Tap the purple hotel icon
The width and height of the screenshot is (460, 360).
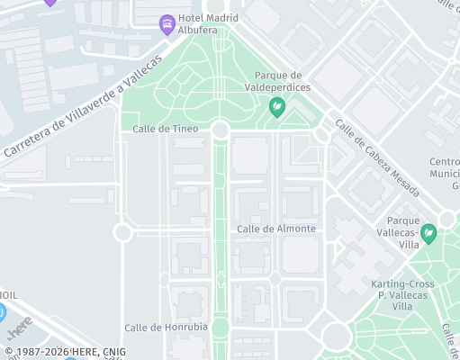tap(167, 22)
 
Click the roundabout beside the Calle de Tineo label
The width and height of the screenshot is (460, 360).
tap(221, 130)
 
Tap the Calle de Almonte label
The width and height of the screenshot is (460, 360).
tap(276, 229)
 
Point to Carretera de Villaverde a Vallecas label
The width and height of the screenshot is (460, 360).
tap(83, 106)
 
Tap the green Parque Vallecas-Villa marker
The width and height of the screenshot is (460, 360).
tap(429, 234)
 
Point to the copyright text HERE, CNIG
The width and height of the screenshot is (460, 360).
tap(65, 352)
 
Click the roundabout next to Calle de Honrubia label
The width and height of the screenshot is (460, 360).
tap(221, 327)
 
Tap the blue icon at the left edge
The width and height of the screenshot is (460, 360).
tap(2, 312)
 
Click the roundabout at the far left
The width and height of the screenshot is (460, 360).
tap(123, 232)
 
